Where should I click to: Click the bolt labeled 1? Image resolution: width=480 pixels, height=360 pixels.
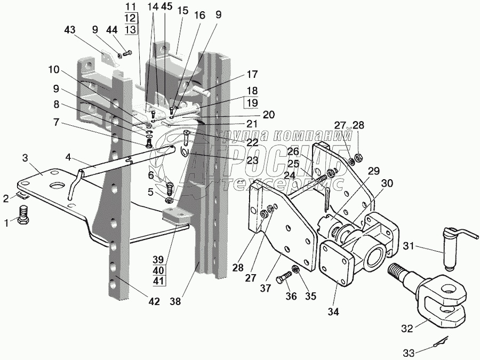click(x=25, y=216)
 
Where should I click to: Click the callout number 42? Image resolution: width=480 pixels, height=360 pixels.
click(x=154, y=301)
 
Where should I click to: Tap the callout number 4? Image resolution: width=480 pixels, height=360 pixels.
click(x=68, y=158)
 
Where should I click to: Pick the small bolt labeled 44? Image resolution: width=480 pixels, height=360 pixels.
click(x=127, y=53)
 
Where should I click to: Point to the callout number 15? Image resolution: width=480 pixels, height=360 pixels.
click(x=183, y=10)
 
